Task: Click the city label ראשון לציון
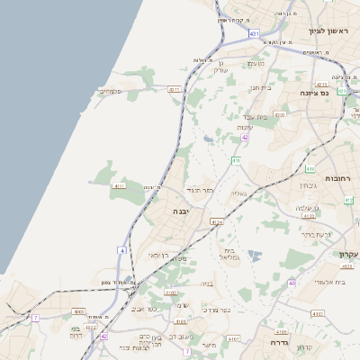point(327,31)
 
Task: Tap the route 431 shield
point(254,33)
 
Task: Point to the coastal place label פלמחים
point(109,90)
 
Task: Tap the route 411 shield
point(236,160)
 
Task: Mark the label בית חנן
point(260,87)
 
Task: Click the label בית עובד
point(256,118)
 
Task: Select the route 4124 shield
point(216,220)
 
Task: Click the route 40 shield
point(292,283)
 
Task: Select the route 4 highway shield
point(121,249)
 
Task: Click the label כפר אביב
point(143,309)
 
